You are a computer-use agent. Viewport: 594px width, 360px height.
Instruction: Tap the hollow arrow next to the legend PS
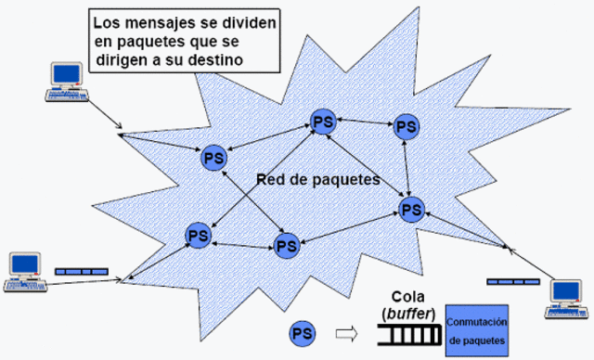(x=345, y=331)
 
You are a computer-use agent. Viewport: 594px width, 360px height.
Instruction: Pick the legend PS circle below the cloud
(x=301, y=331)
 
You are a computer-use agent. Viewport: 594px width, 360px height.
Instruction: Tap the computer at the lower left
(x=23, y=270)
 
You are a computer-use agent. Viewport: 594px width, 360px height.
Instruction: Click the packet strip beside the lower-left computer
(x=81, y=271)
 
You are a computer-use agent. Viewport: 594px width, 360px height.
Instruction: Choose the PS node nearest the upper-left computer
(x=214, y=158)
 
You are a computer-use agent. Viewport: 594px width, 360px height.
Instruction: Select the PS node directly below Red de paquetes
(x=286, y=246)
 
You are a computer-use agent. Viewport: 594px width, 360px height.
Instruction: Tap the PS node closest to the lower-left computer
(x=197, y=235)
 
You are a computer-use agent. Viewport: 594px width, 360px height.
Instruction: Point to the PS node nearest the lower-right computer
(x=410, y=209)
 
